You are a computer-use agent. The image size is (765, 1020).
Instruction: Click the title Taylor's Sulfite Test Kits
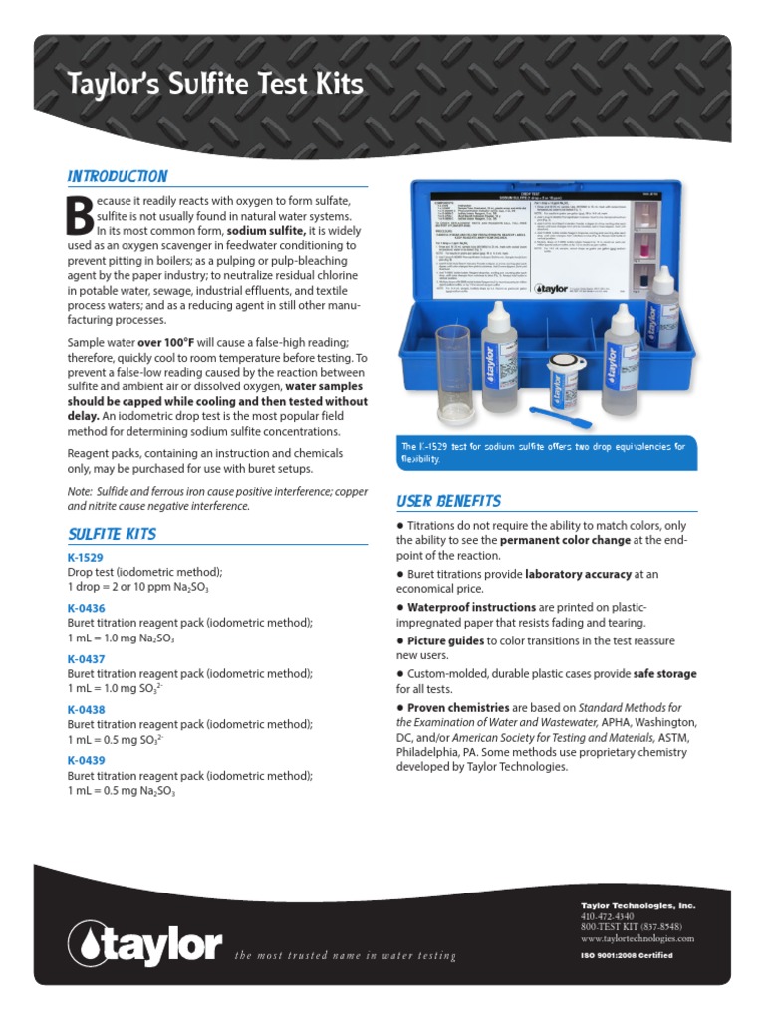pyautogui.click(x=214, y=83)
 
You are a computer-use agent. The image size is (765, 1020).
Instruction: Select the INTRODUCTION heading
pyautogui.click(x=118, y=176)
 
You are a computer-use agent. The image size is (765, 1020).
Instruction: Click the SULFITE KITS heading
pyautogui.click(x=112, y=534)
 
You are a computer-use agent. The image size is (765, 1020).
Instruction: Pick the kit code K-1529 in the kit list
pyautogui.click(x=86, y=557)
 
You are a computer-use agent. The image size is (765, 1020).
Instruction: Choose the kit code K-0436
pyautogui.click(x=86, y=608)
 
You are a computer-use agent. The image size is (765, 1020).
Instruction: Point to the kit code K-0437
pyautogui.click(x=86, y=658)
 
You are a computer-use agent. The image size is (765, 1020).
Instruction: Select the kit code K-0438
pyautogui.click(x=86, y=709)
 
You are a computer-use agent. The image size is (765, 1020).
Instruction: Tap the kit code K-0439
pyautogui.click(x=86, y=760)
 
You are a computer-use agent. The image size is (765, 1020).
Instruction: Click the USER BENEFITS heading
pyautogui.click(x=448, y=501)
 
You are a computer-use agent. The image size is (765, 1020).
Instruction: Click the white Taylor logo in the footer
pyautogui.click(x=145, y=942)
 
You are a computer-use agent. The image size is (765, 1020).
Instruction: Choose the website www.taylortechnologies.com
pyautogui.click(x=637, y=938)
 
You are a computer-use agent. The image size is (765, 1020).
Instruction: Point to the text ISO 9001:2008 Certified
pyautogui.click(x=627, y=955)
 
